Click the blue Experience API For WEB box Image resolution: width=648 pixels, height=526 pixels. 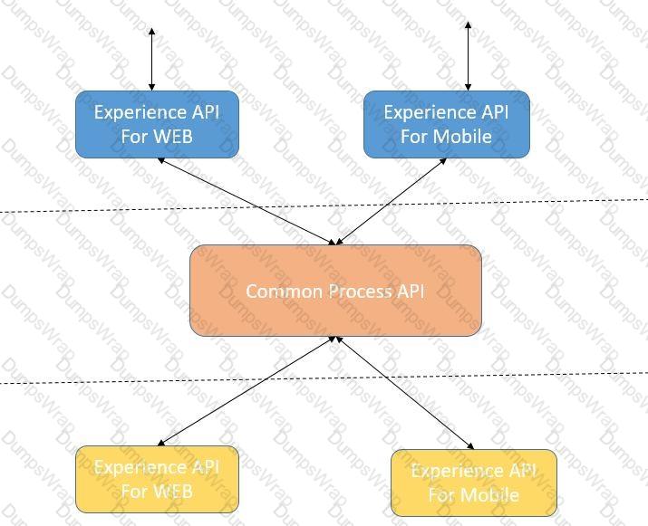(x=157, y=124)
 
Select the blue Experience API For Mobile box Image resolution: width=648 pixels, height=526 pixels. (x=446, y=124)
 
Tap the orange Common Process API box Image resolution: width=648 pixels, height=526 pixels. (x=335, y=291)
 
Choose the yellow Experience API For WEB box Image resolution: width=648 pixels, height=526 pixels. (x=157, y=480)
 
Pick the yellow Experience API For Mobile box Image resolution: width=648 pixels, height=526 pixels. (x=473, y=483)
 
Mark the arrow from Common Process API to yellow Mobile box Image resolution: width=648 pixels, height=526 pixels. (x=404, y=392)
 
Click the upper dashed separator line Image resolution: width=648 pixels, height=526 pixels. (x=91, y=210)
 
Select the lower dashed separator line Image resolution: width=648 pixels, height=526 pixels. (x=91, y=381)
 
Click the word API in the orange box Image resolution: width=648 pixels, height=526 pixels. (x=408, y=292)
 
